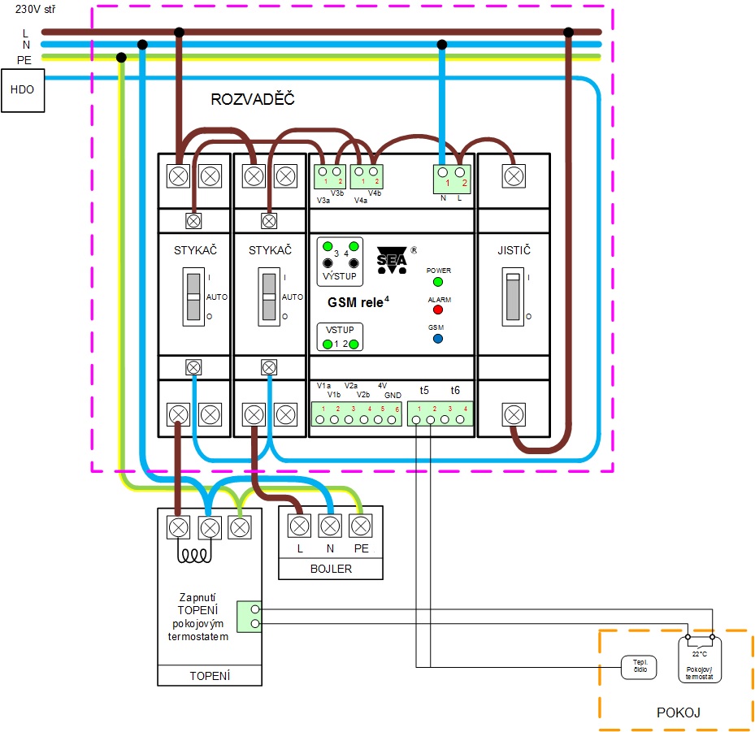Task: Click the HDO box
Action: pos(23,89)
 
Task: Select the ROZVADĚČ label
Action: pos(252,100)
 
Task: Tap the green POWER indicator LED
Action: pos(437,282)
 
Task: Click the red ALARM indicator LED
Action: pos(437,310)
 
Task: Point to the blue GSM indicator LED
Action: pos(437,338)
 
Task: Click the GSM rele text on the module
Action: pos(358,301)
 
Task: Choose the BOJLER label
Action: pos(330,569)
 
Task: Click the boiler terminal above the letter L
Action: pos(300,526)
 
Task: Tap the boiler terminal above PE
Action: pos(360,526)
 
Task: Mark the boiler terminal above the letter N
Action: pos(330,526)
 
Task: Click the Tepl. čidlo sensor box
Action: pos(639,666)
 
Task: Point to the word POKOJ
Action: pos(678,713)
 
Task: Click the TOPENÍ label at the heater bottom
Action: pos(210,675)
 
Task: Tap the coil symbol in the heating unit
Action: pos(195,557)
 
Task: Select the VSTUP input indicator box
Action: pos(341,336)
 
